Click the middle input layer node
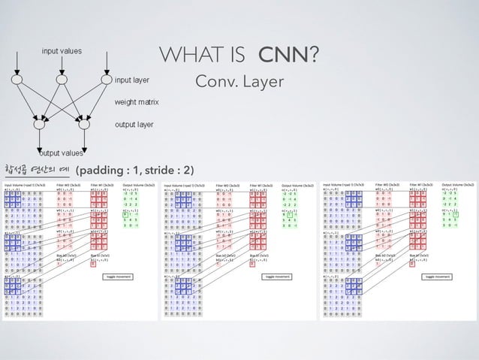point(60,77)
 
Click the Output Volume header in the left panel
point(138,184)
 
